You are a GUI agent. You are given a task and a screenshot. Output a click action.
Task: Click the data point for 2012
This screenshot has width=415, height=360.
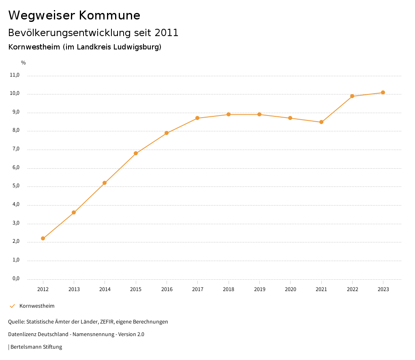tap(43, 238)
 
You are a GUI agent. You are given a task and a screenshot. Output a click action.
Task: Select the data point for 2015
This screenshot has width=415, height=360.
tap(136, 153)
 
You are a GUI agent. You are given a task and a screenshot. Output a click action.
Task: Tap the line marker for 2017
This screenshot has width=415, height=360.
tap(197, 118)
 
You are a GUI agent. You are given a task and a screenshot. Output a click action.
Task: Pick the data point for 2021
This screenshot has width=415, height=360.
tap(321, 122)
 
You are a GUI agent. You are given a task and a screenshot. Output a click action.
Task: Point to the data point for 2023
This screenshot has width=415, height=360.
tap(383, 92)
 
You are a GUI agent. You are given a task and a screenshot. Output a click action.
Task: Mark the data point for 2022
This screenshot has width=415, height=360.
tap(352, 96)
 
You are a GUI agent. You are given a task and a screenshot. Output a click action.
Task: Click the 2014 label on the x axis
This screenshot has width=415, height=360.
tap(105, 289)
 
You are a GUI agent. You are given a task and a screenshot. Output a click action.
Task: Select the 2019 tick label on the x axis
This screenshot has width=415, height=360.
tap(259, 289)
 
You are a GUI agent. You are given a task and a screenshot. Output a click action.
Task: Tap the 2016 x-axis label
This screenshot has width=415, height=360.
tap(167, 289)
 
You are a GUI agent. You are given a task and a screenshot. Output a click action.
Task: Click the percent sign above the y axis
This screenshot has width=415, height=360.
tap(24, 63)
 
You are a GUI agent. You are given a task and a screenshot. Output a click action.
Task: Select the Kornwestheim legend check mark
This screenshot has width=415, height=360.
tap(12, 306)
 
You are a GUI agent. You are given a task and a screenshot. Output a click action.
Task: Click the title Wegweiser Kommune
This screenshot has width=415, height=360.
tap(74, 15)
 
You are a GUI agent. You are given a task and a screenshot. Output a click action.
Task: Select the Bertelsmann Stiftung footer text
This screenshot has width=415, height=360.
tap(36, 347)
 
